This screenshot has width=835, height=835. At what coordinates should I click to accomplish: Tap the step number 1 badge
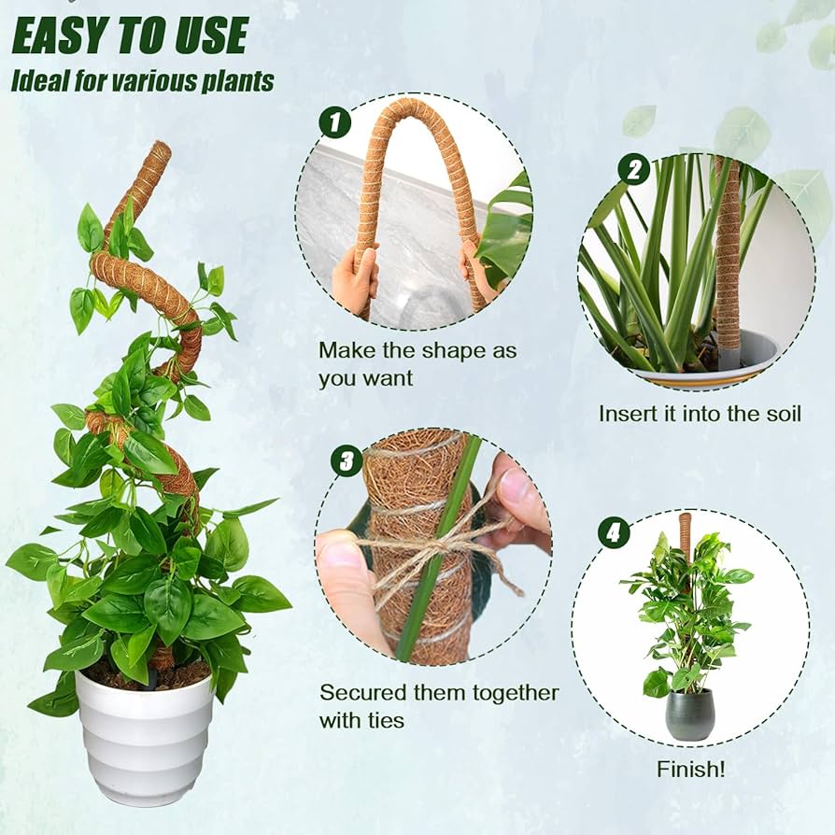click(x=334, y=122)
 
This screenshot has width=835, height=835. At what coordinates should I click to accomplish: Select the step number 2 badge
click(x=633, y=169)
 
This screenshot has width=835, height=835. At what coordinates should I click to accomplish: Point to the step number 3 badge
click(x=347, y=460)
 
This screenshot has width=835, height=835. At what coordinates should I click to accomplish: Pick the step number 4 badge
click(x=613, y=532)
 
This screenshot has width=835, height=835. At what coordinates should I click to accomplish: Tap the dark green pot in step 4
click(x=689, y=715)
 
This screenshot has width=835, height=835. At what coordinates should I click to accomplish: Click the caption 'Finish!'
click(x=690, y=770)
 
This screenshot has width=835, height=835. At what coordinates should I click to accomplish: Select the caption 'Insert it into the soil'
click(x=700, y=413)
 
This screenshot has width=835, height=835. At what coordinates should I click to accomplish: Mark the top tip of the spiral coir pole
click(x=160, y=149)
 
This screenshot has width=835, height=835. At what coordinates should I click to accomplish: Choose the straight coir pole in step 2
click(x=727, y=252)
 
